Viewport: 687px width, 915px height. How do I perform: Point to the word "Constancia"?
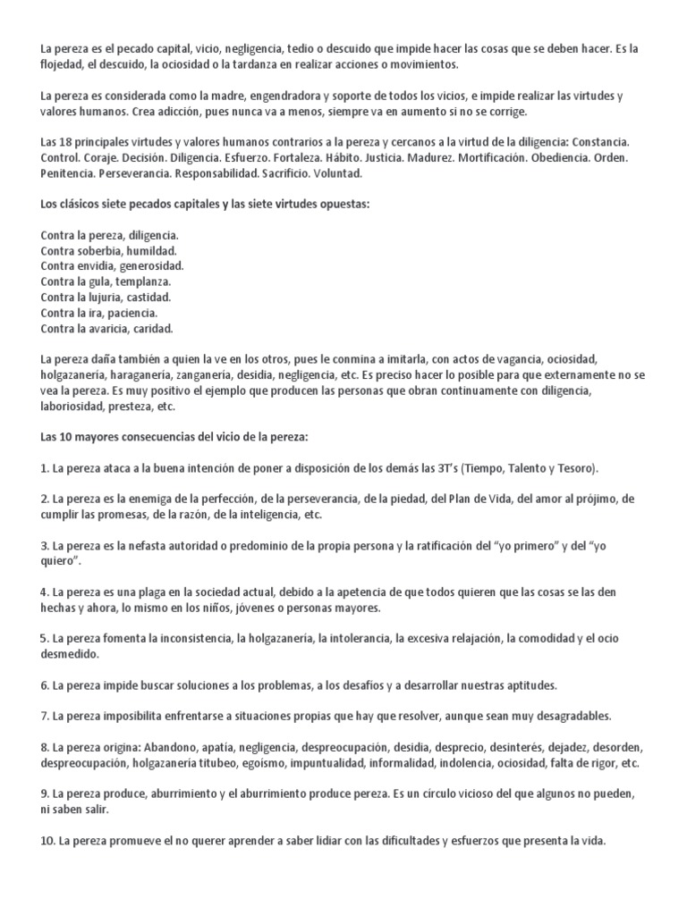[x=599, y=142]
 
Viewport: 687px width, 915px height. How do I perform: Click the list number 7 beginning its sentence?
[x=44, y=717]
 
